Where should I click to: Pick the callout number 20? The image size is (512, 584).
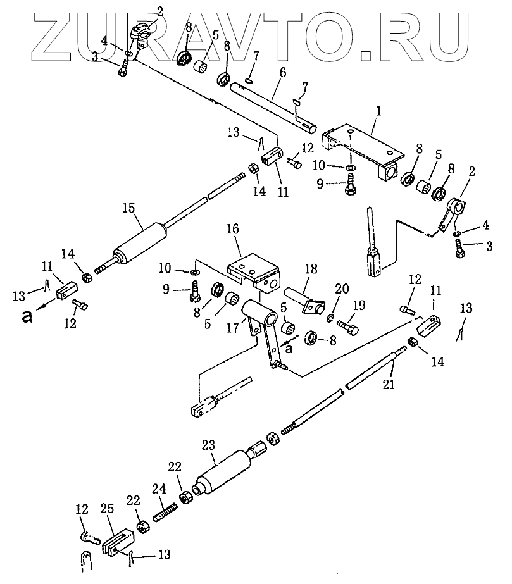click(x=342, y=290)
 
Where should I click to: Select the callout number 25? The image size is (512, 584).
click(x=107, y=509)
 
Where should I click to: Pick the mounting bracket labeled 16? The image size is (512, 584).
click(x=253, y=269)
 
